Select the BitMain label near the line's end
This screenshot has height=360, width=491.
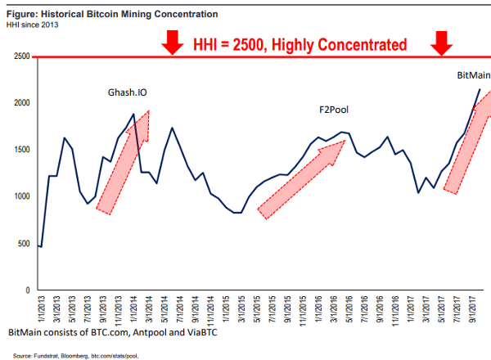473,75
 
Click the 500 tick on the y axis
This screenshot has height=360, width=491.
25,244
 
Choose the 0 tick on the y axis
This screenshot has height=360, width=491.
29,290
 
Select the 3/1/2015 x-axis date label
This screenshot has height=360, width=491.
238,308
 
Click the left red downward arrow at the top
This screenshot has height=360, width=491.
172,43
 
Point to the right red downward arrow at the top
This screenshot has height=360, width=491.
442,43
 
